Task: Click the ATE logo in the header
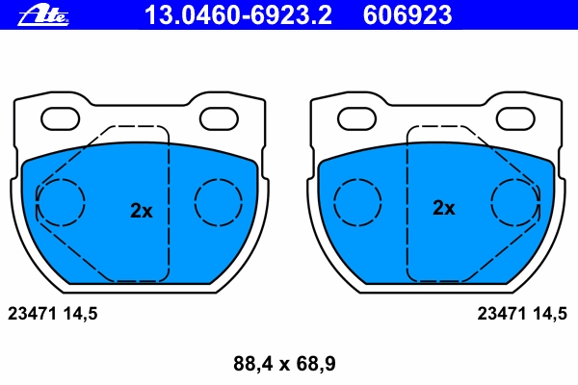pos(43,16)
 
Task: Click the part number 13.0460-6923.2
pos(238,15)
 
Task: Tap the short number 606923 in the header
pos(407,15)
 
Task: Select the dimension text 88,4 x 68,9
pos(284,364)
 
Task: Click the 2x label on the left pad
pos(142,211)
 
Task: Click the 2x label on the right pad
pos(444,208)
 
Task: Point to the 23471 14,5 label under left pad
pos(53,314)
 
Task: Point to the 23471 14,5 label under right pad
pos(522,314)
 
